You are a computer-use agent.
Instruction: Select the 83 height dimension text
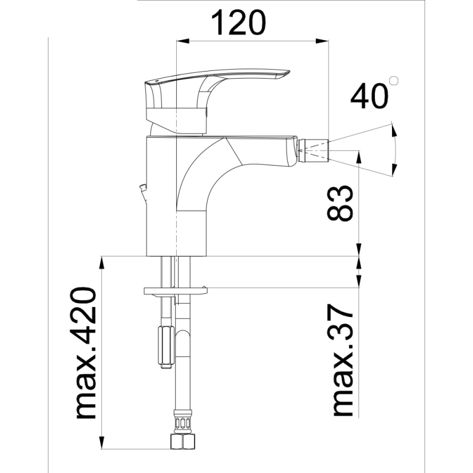(x=341, y=203)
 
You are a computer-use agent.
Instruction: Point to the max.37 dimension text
(x=341, y=361)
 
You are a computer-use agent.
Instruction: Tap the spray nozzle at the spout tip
(x=313, y=150)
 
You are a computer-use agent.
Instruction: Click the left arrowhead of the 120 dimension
(x=183, y=41)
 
